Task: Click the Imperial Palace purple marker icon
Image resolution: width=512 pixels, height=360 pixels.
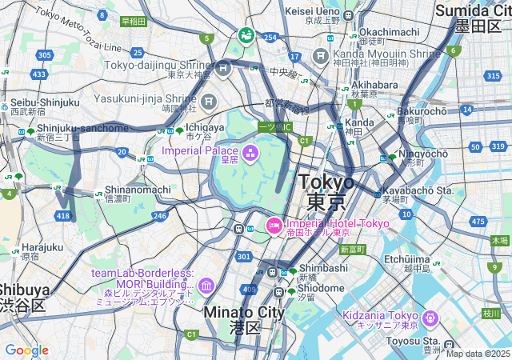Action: coord(250,152)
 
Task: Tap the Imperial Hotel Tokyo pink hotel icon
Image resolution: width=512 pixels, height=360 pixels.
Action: coord(273,226)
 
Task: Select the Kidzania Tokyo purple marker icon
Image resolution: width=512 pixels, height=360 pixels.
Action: coord(430,318)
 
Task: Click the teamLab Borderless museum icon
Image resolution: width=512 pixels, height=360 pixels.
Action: coord(206,286)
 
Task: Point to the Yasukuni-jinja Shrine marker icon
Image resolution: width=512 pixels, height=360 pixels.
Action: coord(209,101)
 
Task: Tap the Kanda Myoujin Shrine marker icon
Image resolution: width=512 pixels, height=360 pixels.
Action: coord(320,55)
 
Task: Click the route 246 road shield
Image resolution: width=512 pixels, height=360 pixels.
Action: coord(160,215)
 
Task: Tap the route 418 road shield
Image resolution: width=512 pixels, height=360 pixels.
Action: coord(63,217)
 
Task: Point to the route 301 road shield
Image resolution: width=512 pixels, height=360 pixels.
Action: coord(243,256)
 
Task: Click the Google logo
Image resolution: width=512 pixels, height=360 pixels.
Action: coord(26,350)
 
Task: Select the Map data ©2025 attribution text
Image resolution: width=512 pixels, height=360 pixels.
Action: coord(478,354)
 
